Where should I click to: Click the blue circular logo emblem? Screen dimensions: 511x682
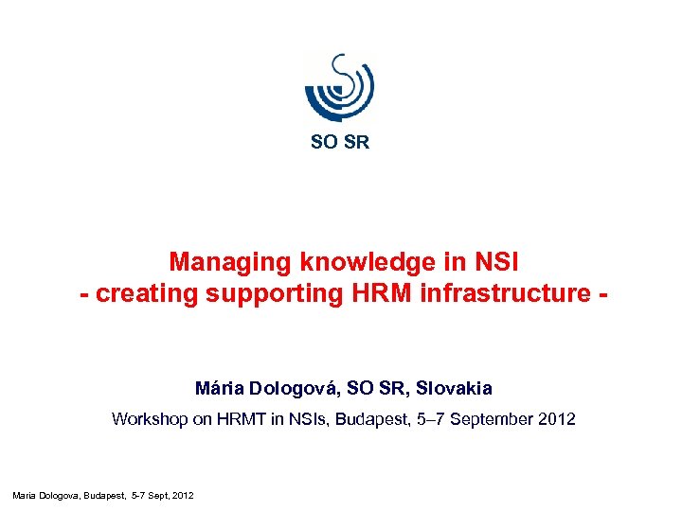click(339, 86)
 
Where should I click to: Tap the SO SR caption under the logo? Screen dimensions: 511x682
click(340, 143)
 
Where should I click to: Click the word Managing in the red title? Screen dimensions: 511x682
click(230, 261)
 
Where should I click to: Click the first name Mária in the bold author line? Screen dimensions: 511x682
click(218, 388)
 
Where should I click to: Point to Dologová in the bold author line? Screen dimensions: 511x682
click(292, 388)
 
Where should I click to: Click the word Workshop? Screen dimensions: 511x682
click(150, 418)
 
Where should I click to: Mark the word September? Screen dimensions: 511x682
click(494, 418)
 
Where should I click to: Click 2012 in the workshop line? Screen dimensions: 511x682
click(556, 418)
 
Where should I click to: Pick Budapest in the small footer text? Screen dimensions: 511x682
click(101, 495)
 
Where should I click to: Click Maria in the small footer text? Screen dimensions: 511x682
click(23, 495)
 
